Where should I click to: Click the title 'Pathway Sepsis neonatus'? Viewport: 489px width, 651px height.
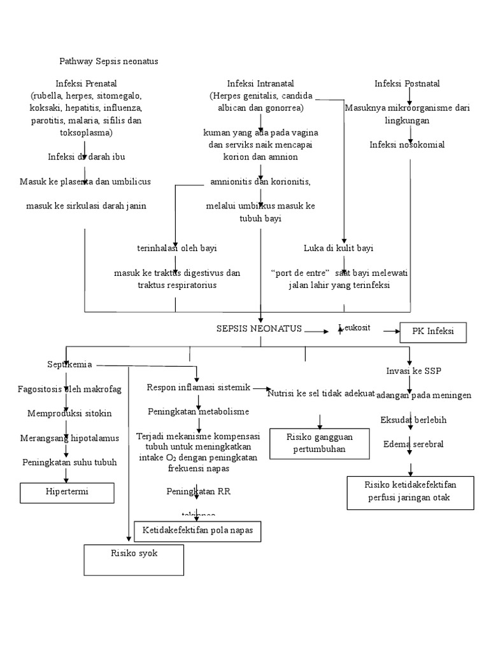pos(108,62)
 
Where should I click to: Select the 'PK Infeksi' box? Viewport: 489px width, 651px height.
pos(432,332)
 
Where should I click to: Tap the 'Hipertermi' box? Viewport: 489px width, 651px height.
pos(68,493)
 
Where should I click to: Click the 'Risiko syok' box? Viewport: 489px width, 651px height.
pos(134,559)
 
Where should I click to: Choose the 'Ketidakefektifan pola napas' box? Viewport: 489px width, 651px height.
pos(197,530)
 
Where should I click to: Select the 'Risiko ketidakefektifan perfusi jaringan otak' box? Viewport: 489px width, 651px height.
pos(411,491)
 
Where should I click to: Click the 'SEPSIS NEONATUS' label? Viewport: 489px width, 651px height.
pos(259,329)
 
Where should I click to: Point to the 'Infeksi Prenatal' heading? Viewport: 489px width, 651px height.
pos(86,83)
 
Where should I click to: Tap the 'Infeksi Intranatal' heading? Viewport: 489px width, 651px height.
pos(261,83)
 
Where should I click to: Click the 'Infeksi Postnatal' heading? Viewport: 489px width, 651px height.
pos(407,83)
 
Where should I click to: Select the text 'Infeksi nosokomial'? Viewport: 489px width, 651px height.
pos(407,144)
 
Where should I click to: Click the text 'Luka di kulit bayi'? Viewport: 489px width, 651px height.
pos(338,248)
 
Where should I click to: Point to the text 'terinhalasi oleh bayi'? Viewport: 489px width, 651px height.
pos(172,248)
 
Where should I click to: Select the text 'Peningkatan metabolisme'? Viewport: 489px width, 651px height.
pos(198,411)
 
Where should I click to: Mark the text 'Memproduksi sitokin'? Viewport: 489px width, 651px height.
pos(69,413)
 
